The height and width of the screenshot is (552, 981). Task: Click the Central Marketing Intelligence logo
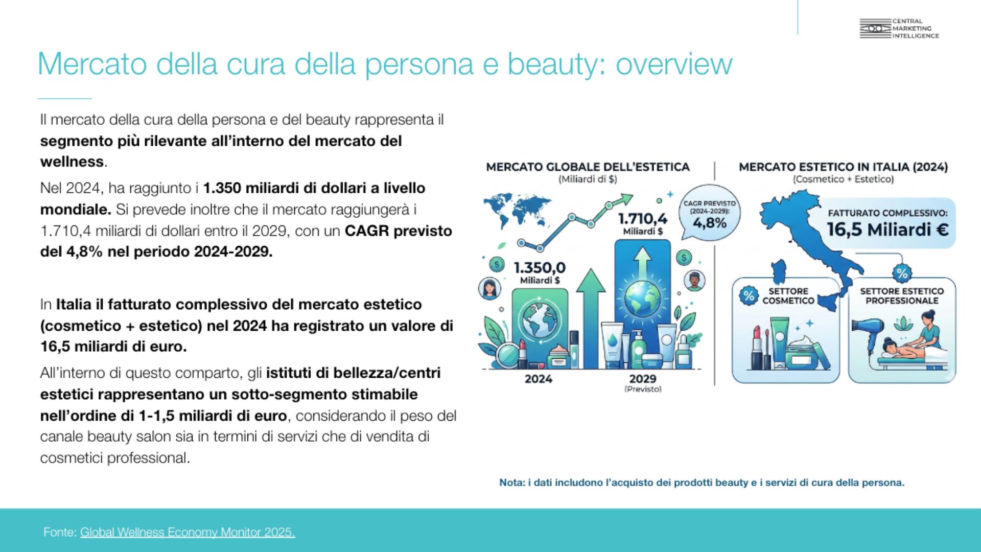pos(899,29)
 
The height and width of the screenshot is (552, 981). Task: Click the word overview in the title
pos(674,64)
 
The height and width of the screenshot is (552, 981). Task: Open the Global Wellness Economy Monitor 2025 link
pos(188,532)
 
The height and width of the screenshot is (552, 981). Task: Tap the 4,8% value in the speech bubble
pos(710,223)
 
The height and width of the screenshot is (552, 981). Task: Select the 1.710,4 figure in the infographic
pos(643,219)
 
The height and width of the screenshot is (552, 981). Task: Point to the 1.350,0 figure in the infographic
pos(540,268)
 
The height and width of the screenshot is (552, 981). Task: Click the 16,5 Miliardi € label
pos(888,229)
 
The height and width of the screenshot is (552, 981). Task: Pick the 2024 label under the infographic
pos(539,379)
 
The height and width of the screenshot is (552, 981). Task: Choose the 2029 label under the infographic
pos(643,379)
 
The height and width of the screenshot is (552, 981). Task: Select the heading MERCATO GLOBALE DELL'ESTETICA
pos(588,167)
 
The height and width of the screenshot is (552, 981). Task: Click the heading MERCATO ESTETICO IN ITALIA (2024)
pos(843,167)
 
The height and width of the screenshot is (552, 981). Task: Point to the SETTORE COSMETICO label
pos(788,296)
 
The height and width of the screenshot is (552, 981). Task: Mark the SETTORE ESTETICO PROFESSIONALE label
pos(902,296)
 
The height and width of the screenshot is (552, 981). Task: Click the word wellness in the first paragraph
pos(72,162)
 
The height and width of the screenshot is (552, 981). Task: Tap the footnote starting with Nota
pos(702,482)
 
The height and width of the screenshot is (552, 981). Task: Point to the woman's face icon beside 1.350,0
pos(489,288)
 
